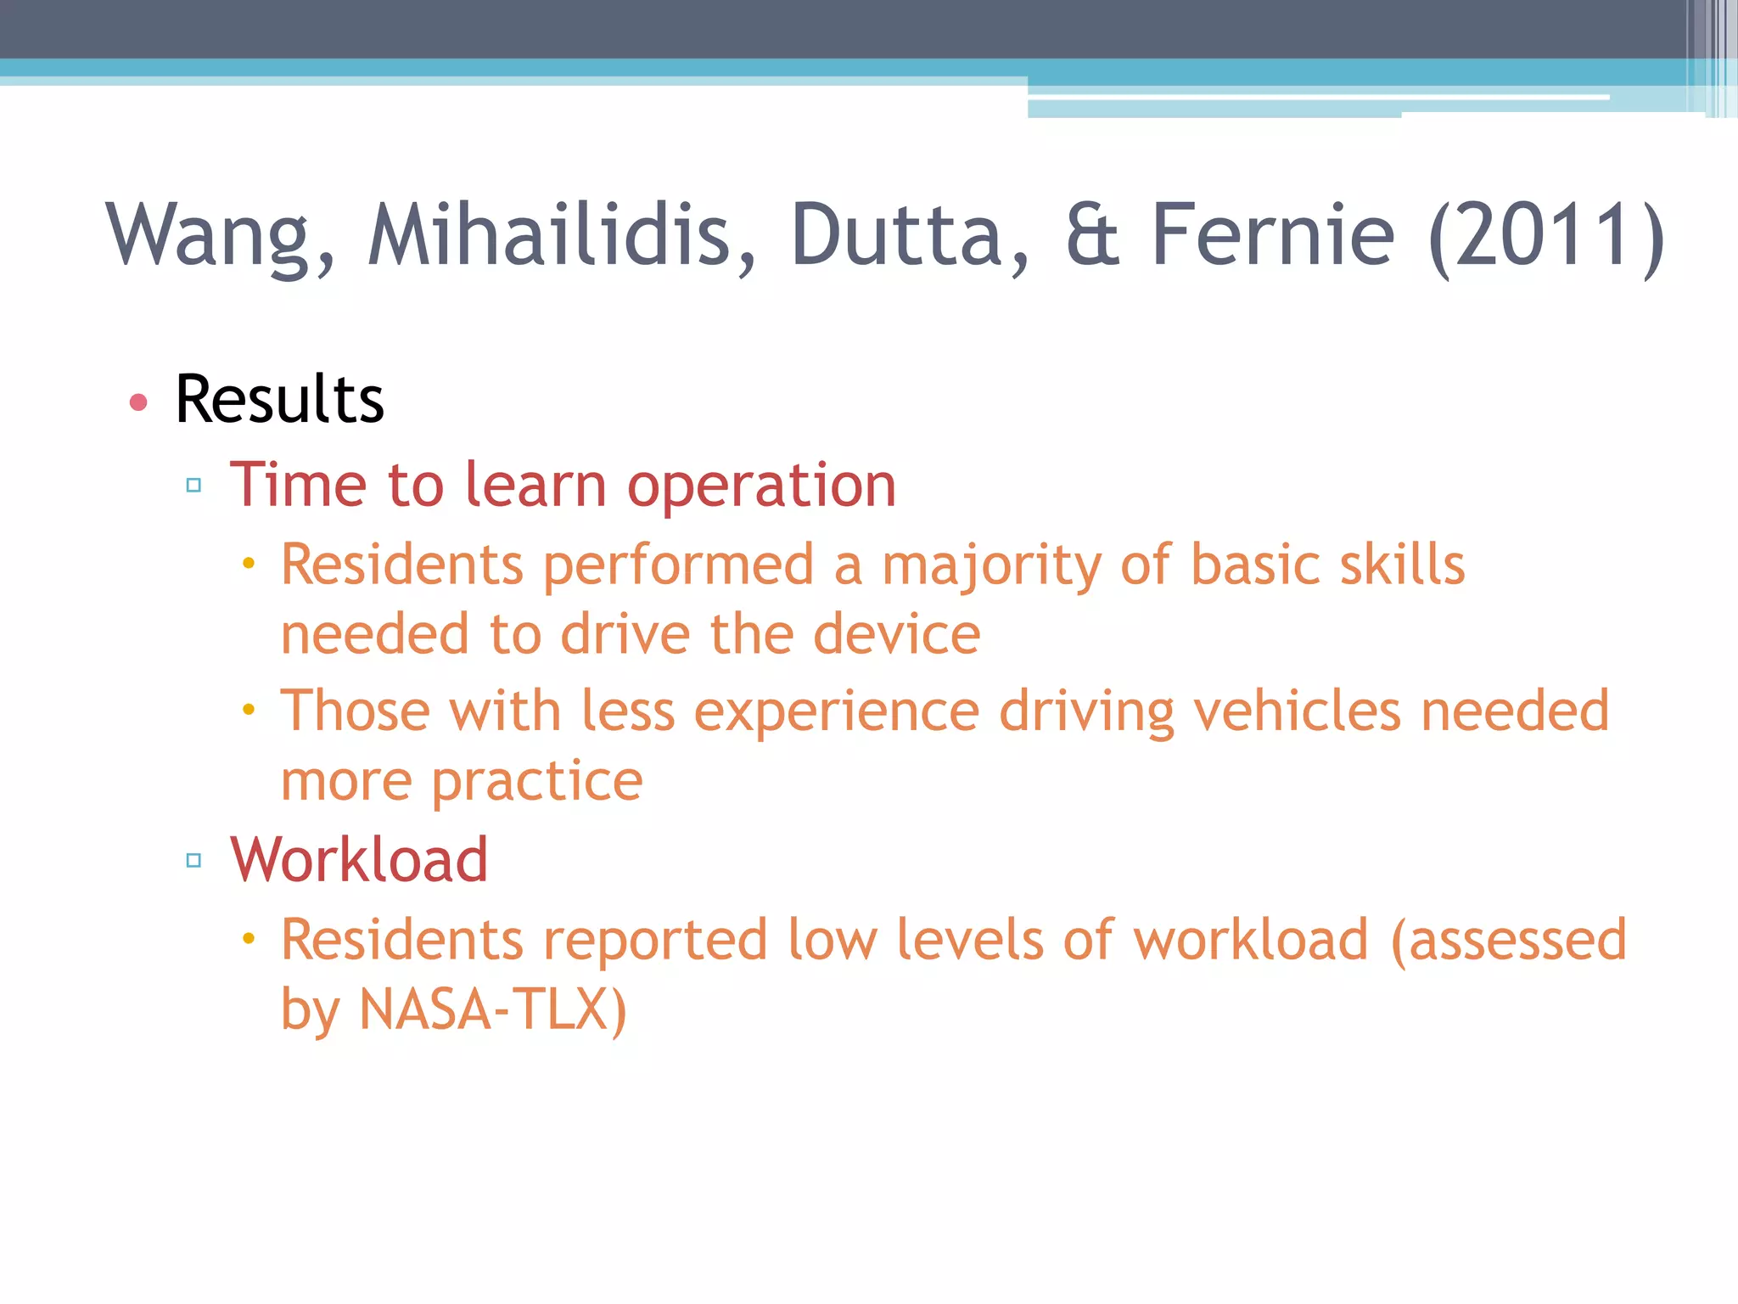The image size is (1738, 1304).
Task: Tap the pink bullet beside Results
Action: (138, 402)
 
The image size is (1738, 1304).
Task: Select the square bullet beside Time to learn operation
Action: (193, 486)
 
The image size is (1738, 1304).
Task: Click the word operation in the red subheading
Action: (761, 487)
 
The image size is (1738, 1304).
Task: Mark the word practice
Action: (537, 783)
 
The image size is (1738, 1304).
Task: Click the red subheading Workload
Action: (359, 860)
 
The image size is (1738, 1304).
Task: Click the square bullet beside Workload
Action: (193, 861)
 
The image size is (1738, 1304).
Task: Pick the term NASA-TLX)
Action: (493, 1010)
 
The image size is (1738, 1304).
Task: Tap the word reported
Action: (655, 941)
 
